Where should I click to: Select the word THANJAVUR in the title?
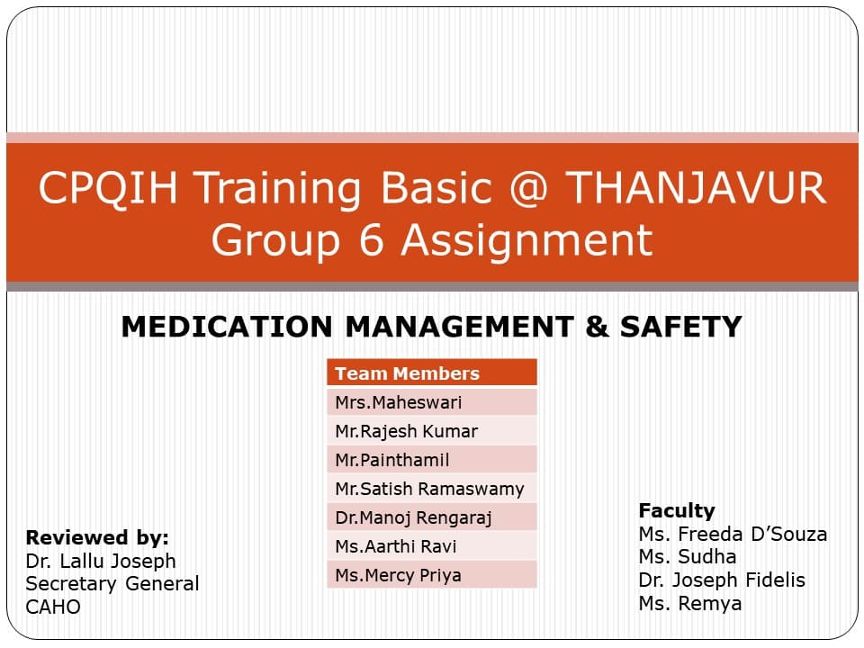[696, 188]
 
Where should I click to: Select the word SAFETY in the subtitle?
[681, 327]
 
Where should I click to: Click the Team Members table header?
[432, 373]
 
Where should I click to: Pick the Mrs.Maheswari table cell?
[432, 402]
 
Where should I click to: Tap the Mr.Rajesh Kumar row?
[432, 431]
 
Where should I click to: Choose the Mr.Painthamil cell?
[432, 460]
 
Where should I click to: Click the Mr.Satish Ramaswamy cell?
[432, 489]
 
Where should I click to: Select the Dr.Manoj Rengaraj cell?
[432, 517]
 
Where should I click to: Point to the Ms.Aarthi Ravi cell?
[432, 546]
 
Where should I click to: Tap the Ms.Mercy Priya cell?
[432, 575]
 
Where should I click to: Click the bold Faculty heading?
[676, 510]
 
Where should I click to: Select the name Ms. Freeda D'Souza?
[733, 534]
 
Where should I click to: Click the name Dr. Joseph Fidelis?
[722, 580]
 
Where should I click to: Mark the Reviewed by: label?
[97, 538]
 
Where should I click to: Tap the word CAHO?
[53, 607]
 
